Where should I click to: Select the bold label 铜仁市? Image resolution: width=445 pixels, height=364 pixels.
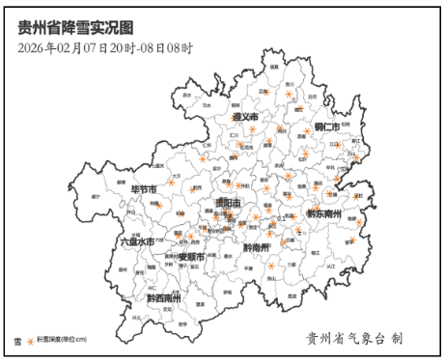pos(326,126)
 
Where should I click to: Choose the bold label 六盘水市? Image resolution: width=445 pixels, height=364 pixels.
pos(136,241)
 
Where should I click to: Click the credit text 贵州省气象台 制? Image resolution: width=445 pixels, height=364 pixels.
pos(353,339)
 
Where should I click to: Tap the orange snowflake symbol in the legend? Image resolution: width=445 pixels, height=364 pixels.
pos(29,340)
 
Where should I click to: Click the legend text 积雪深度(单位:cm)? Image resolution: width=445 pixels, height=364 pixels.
pos(62,340)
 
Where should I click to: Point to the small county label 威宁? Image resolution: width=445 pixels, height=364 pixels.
pos(95,196)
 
